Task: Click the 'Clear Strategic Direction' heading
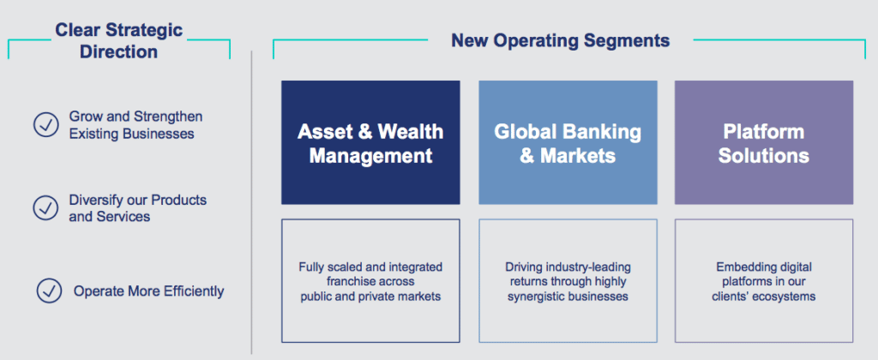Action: tap(119, 40)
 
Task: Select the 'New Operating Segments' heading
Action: tap(560, 40)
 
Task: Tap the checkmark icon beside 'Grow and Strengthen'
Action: tap(45, 125)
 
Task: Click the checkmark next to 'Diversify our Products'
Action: tap(45, 208)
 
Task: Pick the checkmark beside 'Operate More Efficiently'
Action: tap(49, 291)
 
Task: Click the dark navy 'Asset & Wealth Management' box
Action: tap(370, 142)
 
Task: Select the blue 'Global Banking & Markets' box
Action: tap(568, 142)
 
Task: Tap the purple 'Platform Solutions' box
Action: tap(763, 142)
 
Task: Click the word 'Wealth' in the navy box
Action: tap(412, 132)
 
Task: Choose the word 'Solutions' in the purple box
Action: tap(763, 156)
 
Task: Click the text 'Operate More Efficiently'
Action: tap(148, 291)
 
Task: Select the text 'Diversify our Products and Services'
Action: tap(137, 208)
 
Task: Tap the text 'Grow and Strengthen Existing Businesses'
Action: tap(135, 125)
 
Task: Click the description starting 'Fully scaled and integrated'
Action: tap(370, 281)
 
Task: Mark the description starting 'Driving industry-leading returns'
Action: tap(568, 281)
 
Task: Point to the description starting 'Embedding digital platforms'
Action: tap(763, 281)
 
